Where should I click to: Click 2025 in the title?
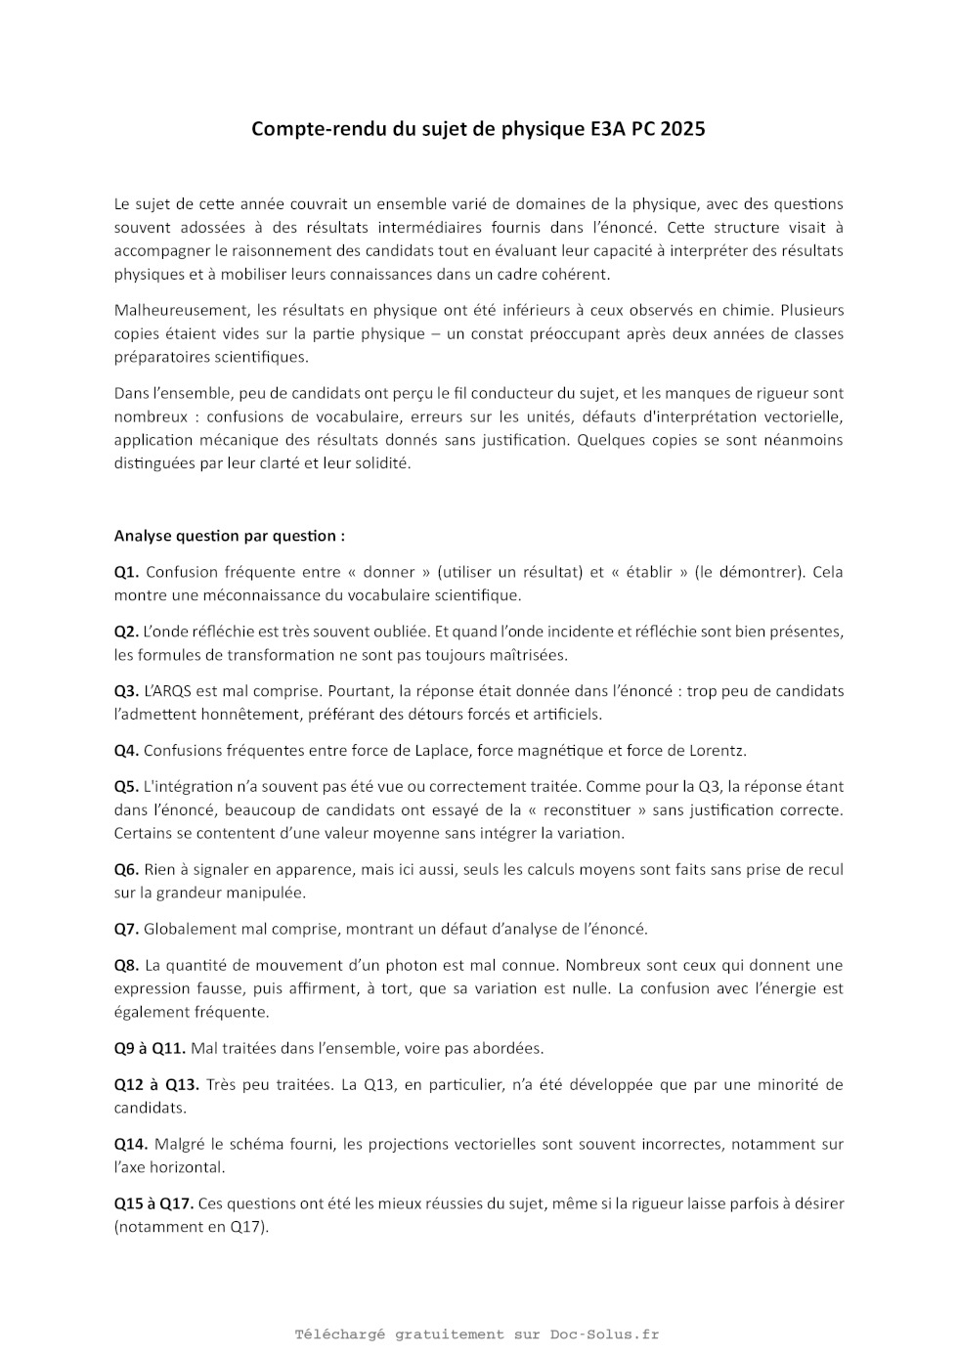pyautogui.click(x=682, y=129)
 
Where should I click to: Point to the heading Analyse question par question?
pyautogui.click(x=229, y=536)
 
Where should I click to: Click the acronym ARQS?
pyautogui.click(x=170, y=691)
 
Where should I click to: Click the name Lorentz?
pyautogui.click(x=718, y=751)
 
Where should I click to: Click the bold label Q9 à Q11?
pyautogui.click(x=150, y=1048)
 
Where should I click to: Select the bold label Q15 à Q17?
pyautogui.click(x=153, y=1203)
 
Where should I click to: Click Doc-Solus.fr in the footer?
pyautogui.click(x=604, y=1334)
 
